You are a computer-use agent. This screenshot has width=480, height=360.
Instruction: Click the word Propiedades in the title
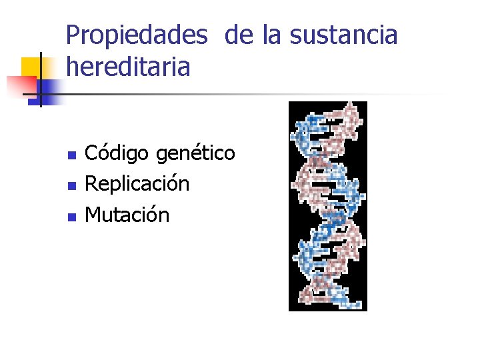pos(137,35)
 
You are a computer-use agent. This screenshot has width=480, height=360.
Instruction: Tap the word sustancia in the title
pos(343,35)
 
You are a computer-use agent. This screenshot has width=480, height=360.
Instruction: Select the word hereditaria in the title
pos(128,67)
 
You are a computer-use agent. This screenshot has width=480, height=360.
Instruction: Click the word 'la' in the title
pos(272,35)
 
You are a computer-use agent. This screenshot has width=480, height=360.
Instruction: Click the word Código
pos(118,154)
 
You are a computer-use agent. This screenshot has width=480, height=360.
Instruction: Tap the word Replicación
pos(137,184)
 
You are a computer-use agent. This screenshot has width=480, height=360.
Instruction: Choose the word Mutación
pos(127,215)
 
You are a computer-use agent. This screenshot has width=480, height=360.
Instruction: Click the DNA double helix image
pos(327,206)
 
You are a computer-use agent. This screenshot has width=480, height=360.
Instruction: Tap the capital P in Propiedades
pos(73,35)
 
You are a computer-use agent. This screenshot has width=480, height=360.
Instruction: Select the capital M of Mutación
pos(93,215)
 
